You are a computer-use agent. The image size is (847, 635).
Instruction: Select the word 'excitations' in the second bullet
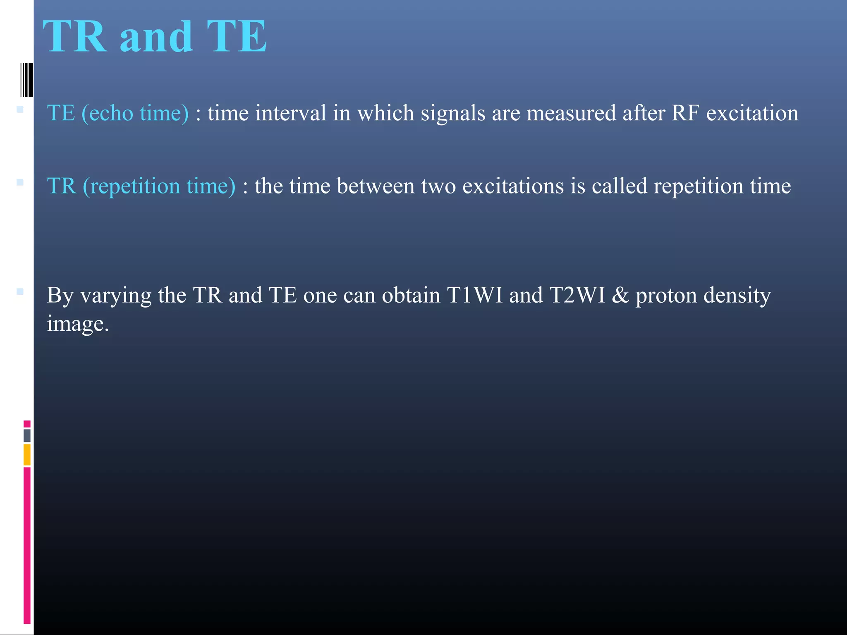[x=513, y=186]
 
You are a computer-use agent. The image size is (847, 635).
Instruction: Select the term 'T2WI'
[x=577, y=295]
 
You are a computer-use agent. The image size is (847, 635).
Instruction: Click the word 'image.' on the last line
[x=78, y=324]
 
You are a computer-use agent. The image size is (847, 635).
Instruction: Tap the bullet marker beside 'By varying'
[x=20, y=291]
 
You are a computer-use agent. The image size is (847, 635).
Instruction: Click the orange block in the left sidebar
[x=27, y=454]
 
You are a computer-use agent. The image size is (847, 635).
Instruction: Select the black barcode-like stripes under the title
[x=26, y=80]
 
